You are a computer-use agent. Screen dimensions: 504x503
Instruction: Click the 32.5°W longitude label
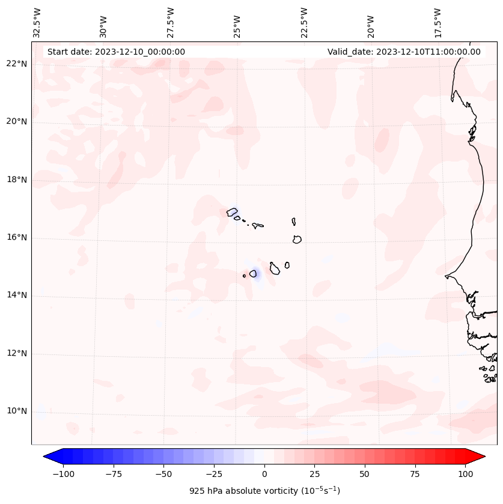click(37, 23)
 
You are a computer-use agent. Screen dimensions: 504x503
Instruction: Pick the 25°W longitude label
click(238, 23)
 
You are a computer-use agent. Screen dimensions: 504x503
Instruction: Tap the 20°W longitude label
click(371, 23)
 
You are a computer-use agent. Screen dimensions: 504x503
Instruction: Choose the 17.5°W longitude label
click(438, 23)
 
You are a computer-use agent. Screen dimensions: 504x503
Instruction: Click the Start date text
click(116, 52)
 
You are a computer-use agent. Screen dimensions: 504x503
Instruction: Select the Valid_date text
click(404, 52)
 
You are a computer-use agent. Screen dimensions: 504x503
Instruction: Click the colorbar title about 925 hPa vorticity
click(264, 491)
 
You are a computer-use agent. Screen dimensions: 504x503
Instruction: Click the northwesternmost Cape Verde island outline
click(232, 212)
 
